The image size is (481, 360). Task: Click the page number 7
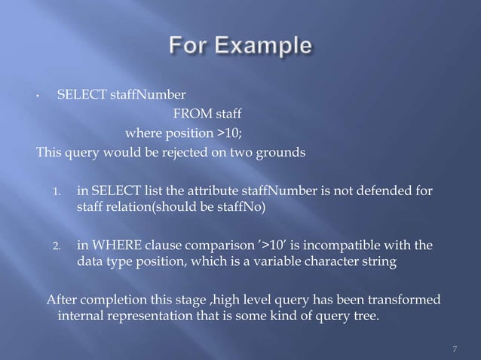tap(455, 349)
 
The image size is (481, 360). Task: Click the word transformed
tap(406, 301)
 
